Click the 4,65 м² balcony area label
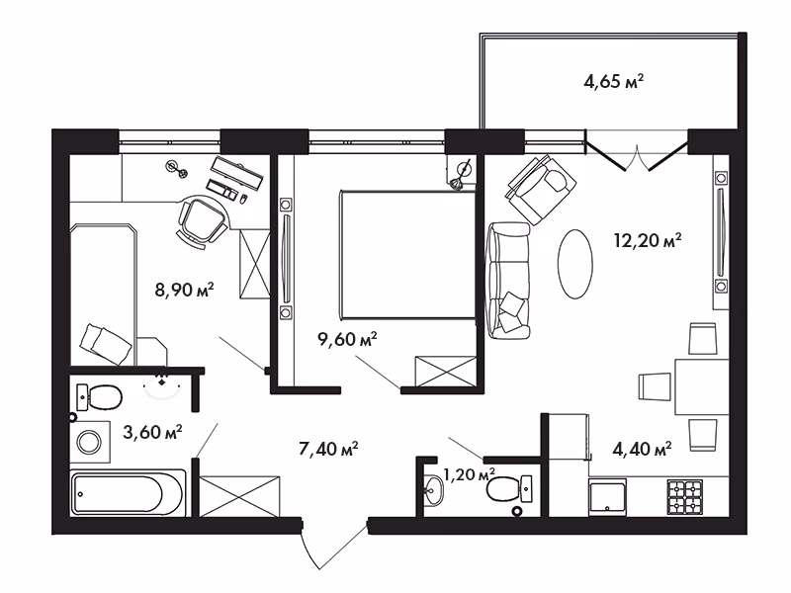tap(613, 81)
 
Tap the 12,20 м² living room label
tap(648, 240)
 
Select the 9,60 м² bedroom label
tap(348, 339)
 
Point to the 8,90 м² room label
tap(185, 290)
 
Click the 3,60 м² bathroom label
tap(152, 432)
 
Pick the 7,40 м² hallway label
tap(328, 449)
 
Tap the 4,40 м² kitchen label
tap(642, 449)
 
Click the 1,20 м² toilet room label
tap(469, 474)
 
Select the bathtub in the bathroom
tap(128, 493)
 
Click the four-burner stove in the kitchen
tap(685, 497)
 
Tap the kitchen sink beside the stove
tap(607, 497)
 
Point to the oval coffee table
tap(575, 264)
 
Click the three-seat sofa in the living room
tap(508, 281)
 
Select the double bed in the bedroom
tap(408, 254)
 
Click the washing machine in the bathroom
tap(90, 442)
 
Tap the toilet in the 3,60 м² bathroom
tap(99, 398)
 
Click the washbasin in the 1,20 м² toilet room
tap(433, 489)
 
